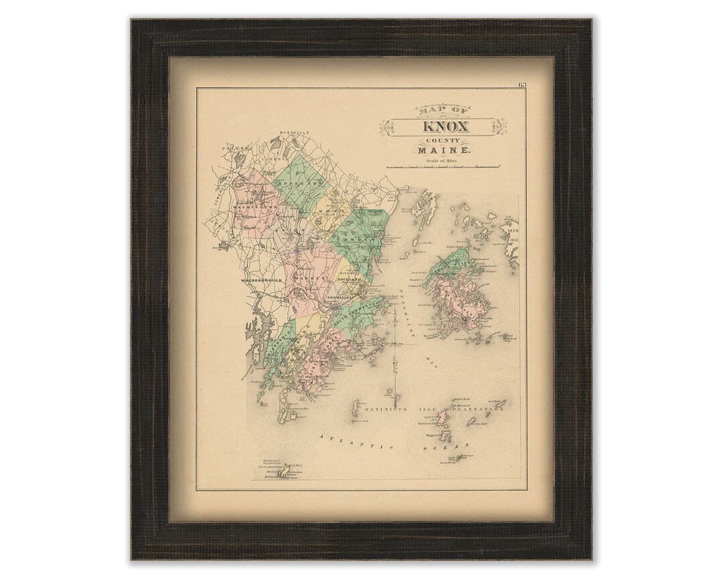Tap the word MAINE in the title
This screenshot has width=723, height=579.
446,153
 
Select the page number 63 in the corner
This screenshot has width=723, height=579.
522,84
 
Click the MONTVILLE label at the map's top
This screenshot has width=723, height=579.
295,132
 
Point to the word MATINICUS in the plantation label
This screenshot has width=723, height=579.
384,405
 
